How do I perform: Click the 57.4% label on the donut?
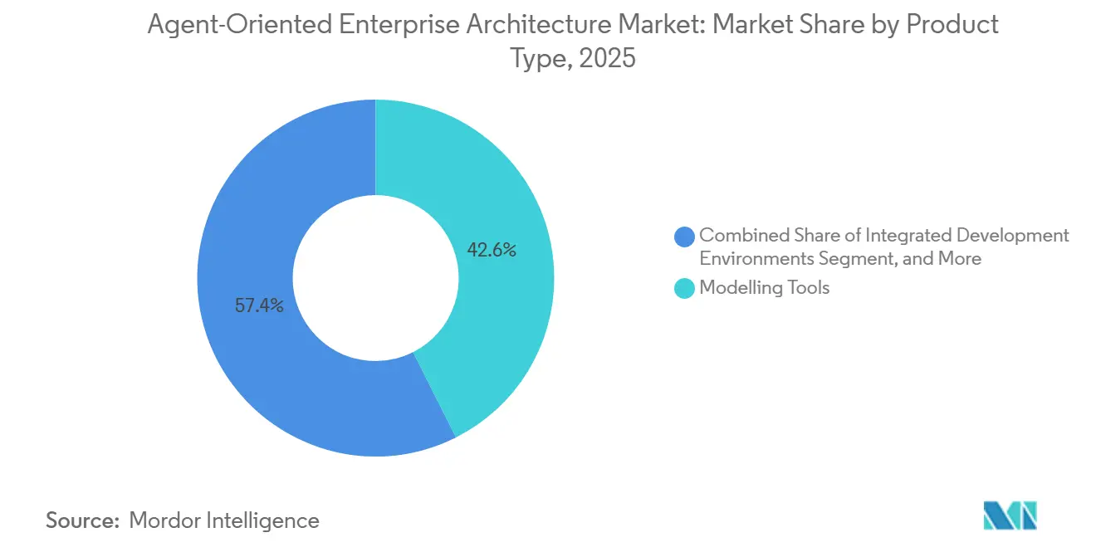point(259,305)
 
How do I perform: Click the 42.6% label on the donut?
point(492,250)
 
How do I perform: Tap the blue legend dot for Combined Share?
point(685,237)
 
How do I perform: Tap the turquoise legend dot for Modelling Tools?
point(685,288)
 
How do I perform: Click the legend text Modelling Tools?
point(764,288)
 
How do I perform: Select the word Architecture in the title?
point(521,25)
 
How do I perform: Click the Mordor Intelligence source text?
point(224,520)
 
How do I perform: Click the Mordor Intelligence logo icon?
point(1010,515)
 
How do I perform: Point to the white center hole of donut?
point(375,277)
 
